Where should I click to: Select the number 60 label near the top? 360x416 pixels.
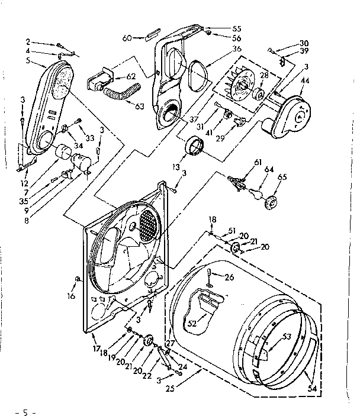coord(127,37)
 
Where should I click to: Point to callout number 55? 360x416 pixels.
coord(220,28)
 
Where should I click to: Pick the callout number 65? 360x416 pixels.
coord(282,177)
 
